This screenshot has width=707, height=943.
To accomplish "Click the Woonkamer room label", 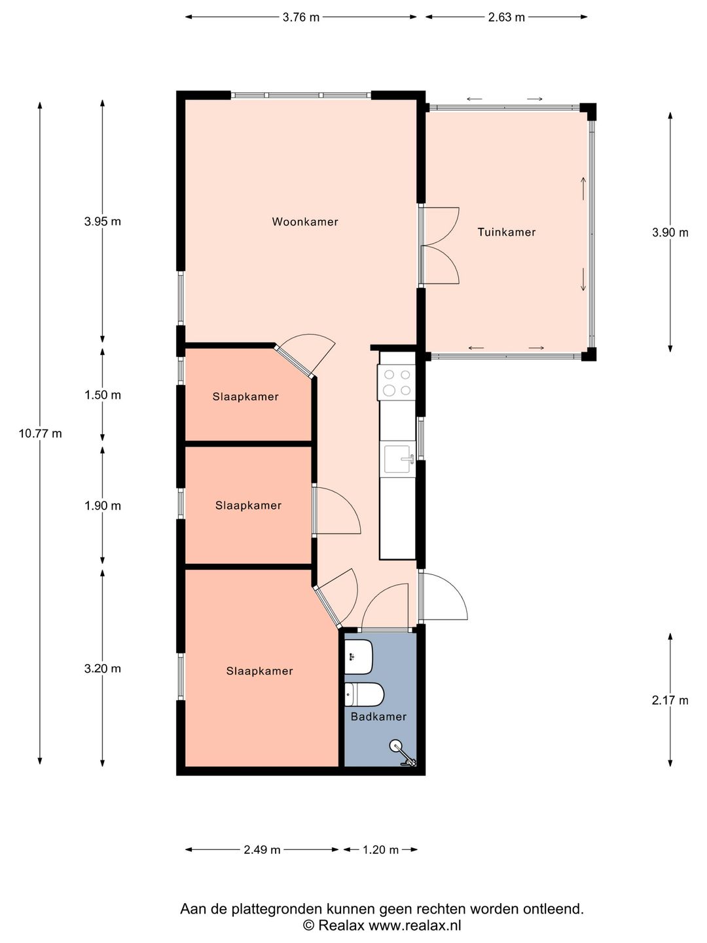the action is coord(305,222).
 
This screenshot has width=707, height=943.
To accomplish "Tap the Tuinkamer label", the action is coord(507,232).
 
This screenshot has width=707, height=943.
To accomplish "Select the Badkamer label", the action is coord(378,716).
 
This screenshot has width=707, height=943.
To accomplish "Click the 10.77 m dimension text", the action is coord(41,434).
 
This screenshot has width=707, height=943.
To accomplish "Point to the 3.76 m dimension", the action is coord(301,17).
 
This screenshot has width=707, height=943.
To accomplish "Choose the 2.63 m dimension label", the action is coord(507,17).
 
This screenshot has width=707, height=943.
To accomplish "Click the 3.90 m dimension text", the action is coord(670,232).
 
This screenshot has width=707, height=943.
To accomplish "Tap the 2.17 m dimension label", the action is coord(670,700).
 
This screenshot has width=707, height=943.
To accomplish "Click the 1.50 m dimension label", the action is coord(103,395).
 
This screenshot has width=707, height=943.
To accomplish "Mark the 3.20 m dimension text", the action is coord(103,669).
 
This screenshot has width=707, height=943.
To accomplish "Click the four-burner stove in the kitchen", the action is coord(397,382).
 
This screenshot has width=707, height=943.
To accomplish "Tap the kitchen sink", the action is coord(399,459).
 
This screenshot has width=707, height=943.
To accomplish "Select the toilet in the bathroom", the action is coord(364,694).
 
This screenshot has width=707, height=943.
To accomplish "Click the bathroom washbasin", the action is coord(359,657).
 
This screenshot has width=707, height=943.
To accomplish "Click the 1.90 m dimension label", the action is coord(103,506).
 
